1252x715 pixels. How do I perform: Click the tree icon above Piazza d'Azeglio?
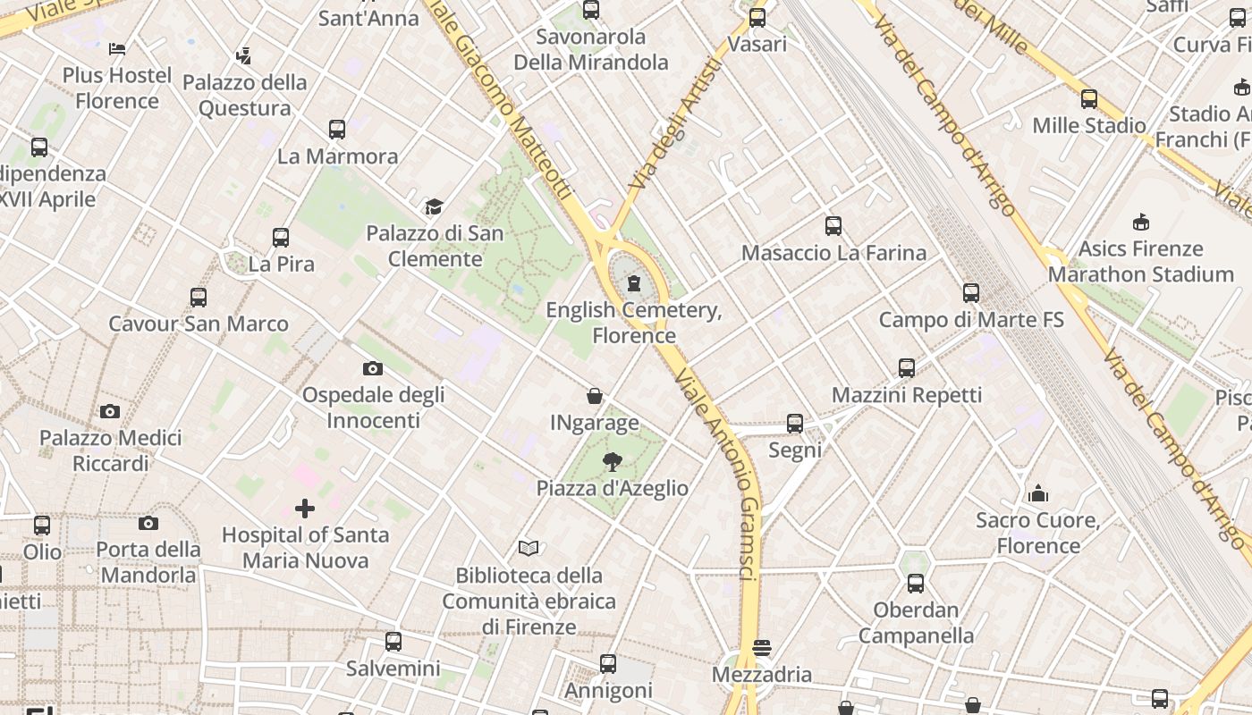(x=613, y=462)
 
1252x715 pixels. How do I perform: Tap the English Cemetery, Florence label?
(x=634, y=324)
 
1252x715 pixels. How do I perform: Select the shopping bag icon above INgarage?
(x=595, y=396)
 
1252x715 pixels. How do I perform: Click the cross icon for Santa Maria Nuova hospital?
(x=305, y=509)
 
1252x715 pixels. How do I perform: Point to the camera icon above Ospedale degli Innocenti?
(x=373, y=368)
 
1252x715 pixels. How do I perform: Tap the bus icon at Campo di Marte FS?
(x=971, y=293)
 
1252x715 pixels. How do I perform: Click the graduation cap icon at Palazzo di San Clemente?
(x=434, y=207)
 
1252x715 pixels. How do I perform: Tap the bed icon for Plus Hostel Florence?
(x=117, y=48)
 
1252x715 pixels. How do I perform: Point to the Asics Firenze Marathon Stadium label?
(x=1140, y=261)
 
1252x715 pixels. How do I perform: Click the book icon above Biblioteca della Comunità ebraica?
(x=529, y=548)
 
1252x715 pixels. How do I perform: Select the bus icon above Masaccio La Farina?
(x=833, y=226)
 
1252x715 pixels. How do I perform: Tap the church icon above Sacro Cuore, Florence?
(x=1038, y=493)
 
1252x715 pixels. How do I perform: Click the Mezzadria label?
(x=762, y=675)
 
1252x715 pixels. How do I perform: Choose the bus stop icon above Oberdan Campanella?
(x=916, y=585)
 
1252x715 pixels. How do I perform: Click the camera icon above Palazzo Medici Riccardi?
(x=110, y=411)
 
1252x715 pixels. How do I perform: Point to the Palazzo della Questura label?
(x=244, y=95)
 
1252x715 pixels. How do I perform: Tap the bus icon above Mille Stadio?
(x=1089, y=99)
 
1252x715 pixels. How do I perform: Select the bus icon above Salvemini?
(x=393, y=642)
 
